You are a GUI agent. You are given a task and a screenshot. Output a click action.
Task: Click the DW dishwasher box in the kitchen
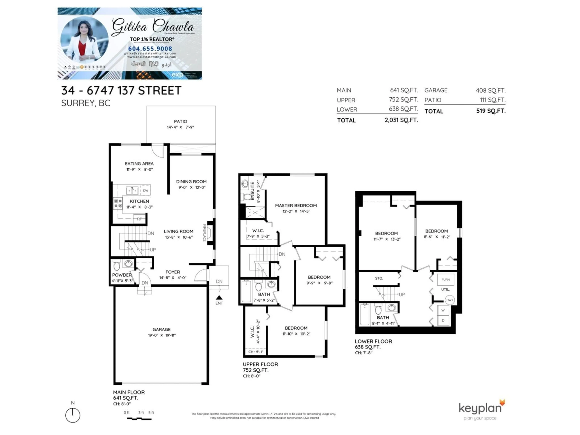(145, 191)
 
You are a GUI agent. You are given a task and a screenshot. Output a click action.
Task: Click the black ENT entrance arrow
(219, 297)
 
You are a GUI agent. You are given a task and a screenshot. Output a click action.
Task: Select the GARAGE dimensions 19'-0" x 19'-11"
(162, 335)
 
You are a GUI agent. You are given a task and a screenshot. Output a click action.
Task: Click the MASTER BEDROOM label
(296, 206)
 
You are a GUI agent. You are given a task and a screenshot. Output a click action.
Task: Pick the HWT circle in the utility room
(450, 300)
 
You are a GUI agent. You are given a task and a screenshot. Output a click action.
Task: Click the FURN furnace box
(445, 280)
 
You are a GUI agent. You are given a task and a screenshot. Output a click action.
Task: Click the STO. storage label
(379, 278)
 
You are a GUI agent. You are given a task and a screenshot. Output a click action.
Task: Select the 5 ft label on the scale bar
(151, 412)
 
